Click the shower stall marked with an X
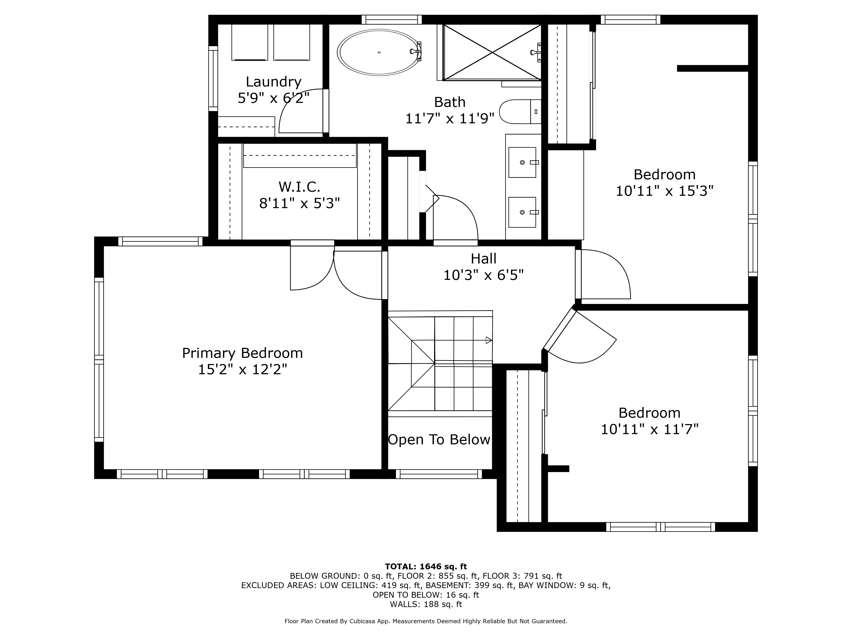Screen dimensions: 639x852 point(492,52)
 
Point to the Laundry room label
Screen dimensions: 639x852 point(273,82)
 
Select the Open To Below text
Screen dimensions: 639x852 point(439,439)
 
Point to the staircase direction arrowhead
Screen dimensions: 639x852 point(488,340)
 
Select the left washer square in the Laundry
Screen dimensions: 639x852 point(250,42)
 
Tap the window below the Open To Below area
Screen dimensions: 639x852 point(439,474)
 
